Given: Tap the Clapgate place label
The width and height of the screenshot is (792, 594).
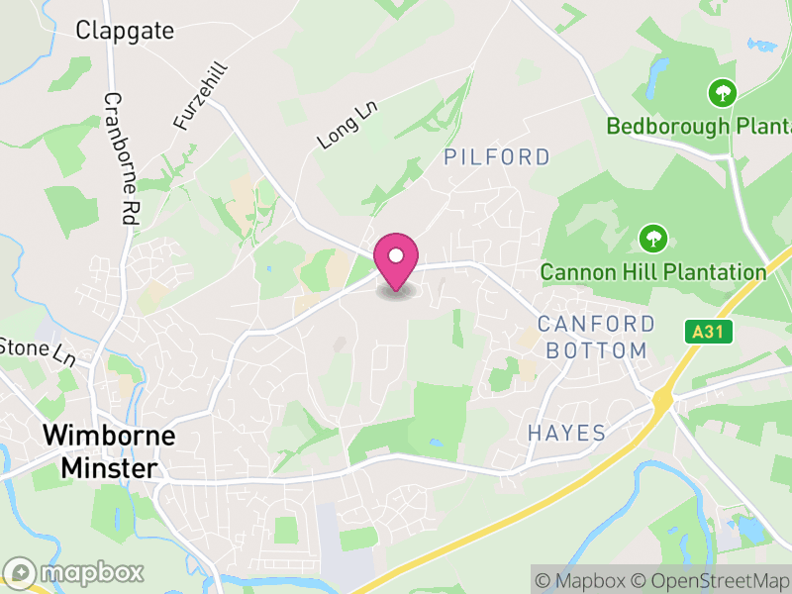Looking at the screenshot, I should pos(125,31).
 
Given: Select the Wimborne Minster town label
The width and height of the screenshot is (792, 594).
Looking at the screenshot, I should pos(109,451).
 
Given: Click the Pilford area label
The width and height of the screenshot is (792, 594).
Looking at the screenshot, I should pos(497,156).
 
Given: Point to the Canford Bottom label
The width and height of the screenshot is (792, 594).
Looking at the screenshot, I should pos(596,338).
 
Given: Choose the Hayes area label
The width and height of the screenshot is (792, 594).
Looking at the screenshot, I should pos(566,433).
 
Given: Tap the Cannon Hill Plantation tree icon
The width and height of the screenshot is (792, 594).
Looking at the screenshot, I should pos(651,238).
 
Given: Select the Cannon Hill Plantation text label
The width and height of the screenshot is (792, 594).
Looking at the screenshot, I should pos(653,271).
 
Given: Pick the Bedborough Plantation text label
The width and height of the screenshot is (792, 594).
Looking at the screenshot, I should pos(699,127).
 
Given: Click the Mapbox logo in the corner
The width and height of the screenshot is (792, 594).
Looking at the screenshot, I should pos(74,573).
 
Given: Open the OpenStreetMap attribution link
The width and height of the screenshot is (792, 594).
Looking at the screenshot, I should pos(714,580).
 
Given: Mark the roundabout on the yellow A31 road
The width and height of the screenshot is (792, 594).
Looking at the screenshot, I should pos(661,400).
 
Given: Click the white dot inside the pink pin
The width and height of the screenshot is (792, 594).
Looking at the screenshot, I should pos(396,255).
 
